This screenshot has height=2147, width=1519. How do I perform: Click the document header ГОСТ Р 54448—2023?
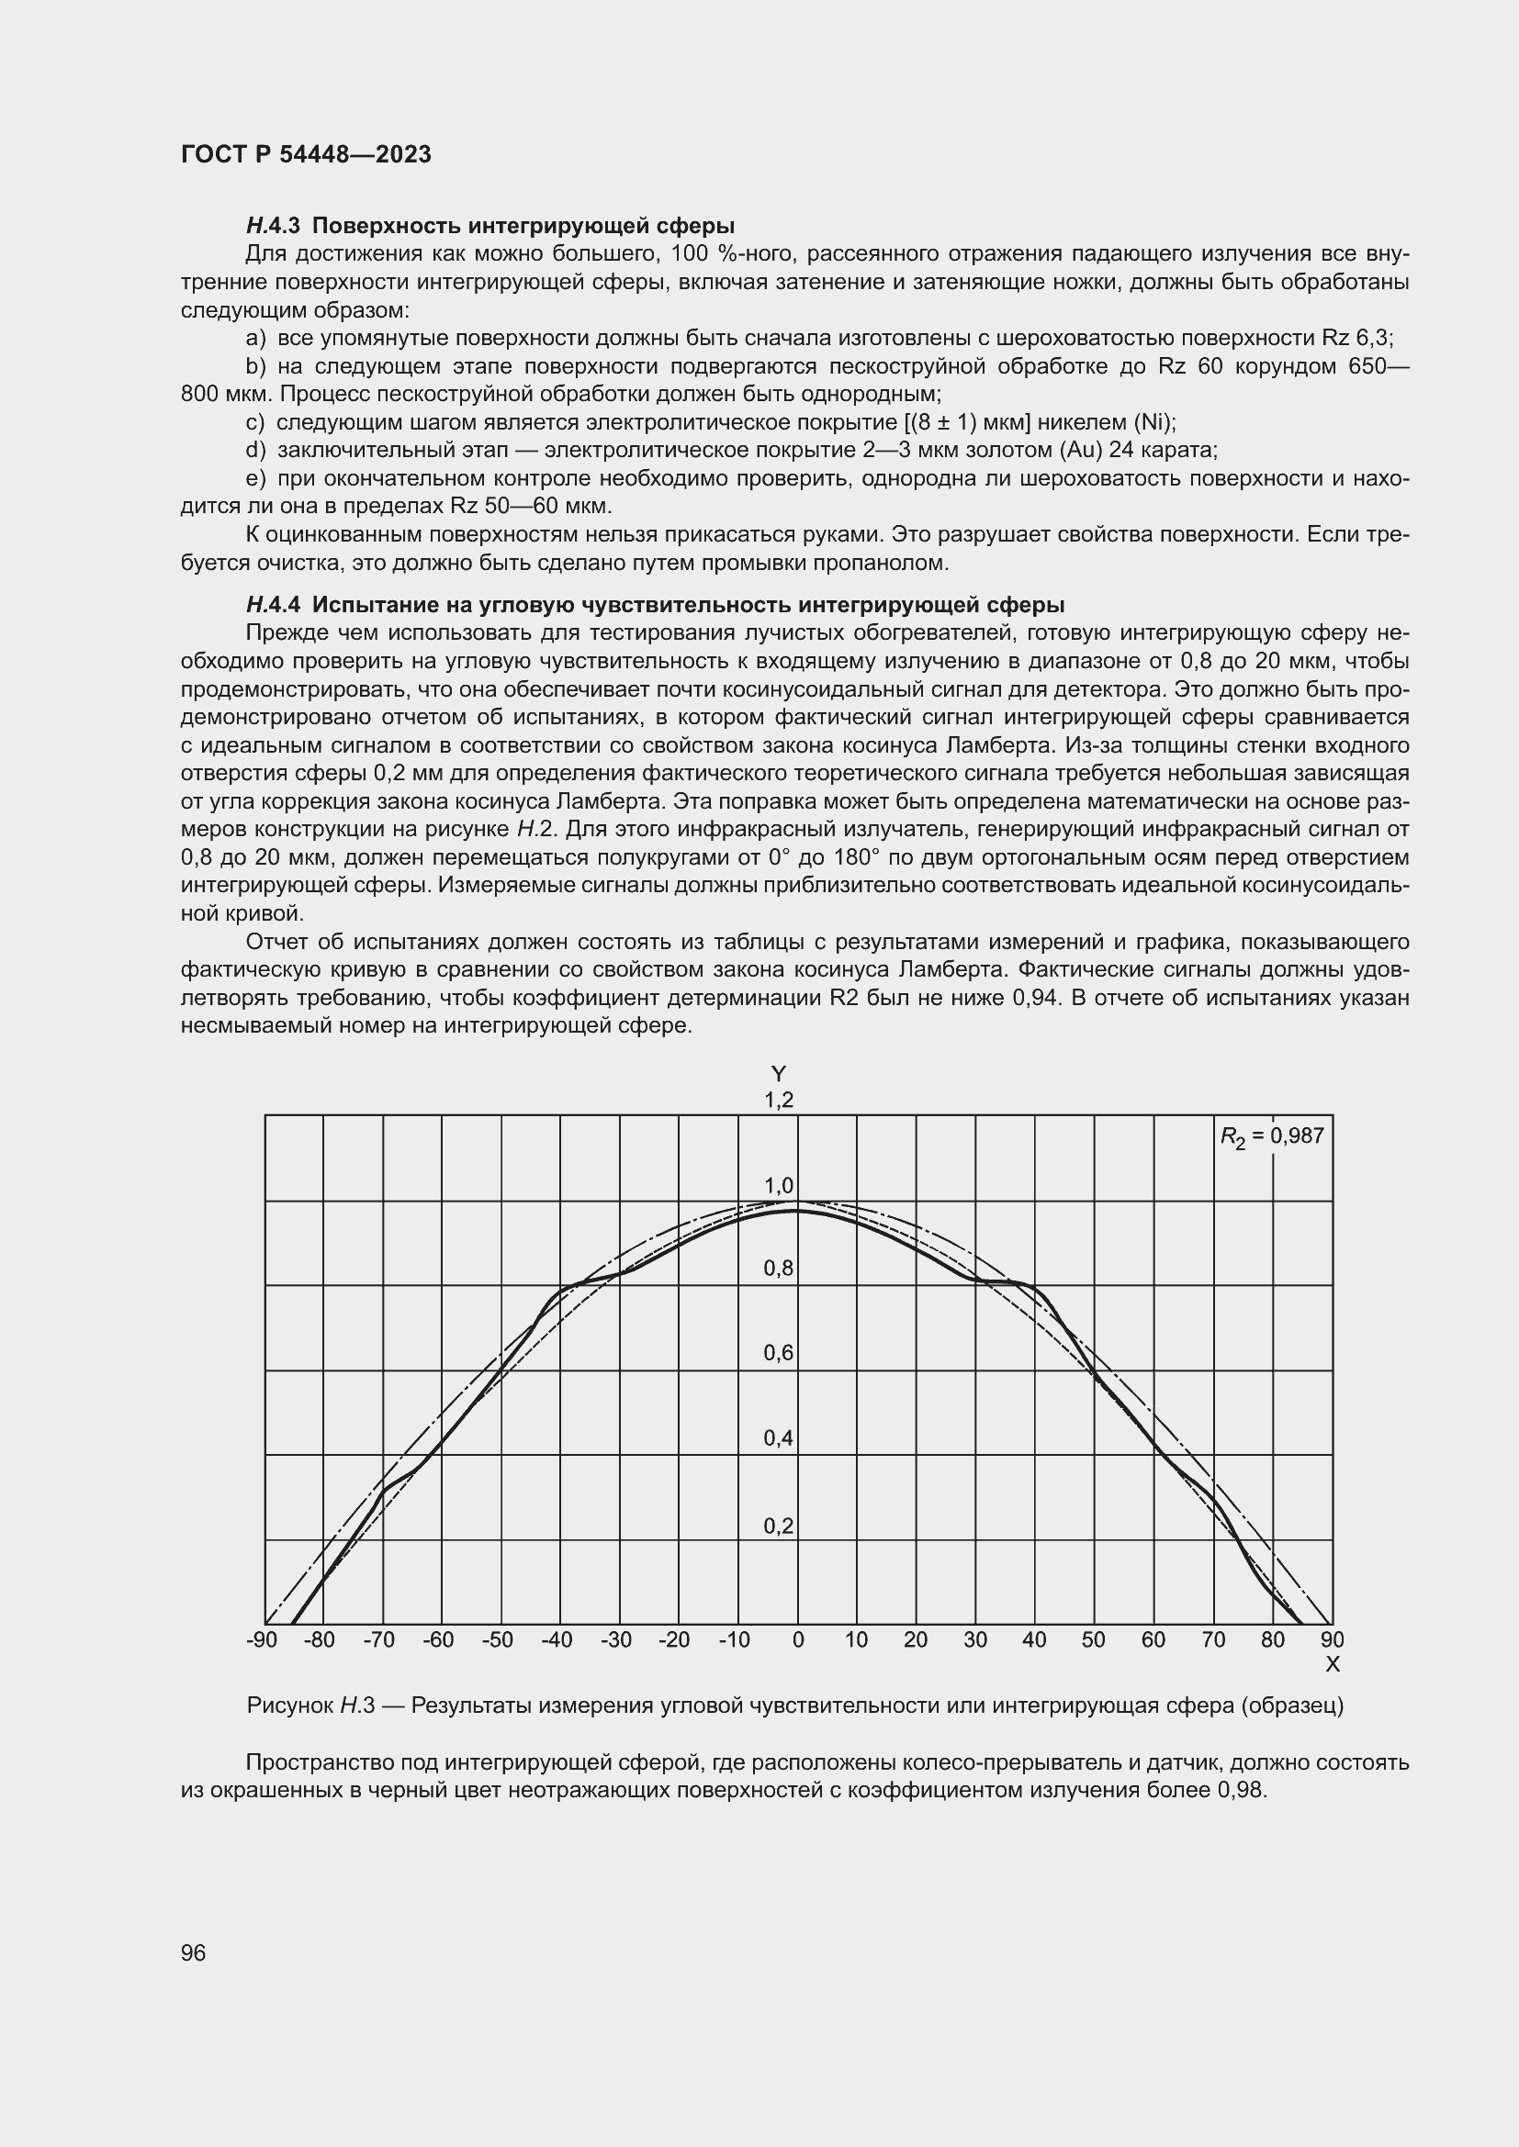coord(306,154)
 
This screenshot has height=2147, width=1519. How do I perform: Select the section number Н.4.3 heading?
coord(272,226)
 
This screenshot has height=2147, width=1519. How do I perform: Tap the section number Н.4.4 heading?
coord(272,604)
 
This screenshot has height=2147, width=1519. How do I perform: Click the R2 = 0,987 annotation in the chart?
coord(1272,1136)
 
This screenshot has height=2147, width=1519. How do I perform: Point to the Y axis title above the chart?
coord(778,1074)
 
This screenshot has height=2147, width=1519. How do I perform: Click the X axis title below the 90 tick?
coord(1333,1664)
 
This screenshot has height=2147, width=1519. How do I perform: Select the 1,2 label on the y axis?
coord(778,1100)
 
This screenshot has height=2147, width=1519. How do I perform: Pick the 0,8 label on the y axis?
coord(778,1269)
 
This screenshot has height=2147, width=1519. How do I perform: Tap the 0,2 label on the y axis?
coord(778,1526)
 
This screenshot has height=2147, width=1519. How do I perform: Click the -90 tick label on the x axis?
coord(262,1640)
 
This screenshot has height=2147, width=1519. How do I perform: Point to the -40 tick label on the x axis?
coord(557,1640)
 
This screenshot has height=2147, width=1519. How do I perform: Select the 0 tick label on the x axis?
coord(798,1640)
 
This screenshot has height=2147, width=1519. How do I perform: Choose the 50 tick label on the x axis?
coord(1094,1640)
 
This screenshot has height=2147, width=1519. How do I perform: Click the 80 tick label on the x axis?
coord(1272,1640)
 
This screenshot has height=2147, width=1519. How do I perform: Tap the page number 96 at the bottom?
coord(194,1952)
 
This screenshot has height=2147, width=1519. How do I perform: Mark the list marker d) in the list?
coord(255,450)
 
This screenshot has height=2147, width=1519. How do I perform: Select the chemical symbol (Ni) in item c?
coord(1154,421)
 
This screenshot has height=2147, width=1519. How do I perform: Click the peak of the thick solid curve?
coord(798,1211)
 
